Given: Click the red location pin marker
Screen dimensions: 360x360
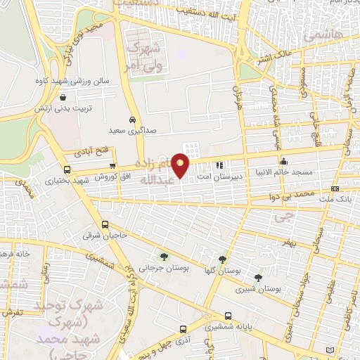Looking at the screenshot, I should coord(181,165).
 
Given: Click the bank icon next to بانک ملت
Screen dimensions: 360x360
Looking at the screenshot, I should coord(335,188).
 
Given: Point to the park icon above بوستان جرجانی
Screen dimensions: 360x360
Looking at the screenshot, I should coord(165,257).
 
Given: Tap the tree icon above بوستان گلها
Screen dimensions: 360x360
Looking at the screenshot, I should coord(223,258).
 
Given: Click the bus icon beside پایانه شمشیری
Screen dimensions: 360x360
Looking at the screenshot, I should coord(227,316).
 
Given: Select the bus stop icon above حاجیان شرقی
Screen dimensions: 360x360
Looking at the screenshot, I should coord(105,225).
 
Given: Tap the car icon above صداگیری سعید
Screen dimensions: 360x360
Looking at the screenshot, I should coord(131,119).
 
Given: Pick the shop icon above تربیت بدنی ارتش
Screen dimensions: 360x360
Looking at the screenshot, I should coord(64,98).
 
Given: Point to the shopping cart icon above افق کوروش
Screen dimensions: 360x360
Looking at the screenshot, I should coord(112,165).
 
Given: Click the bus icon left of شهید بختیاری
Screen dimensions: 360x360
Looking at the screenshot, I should coord(67,169).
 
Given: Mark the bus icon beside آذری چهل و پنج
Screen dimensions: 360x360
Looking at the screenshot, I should coord(183,328).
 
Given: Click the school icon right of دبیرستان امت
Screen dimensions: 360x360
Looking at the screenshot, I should coord(228,165).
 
